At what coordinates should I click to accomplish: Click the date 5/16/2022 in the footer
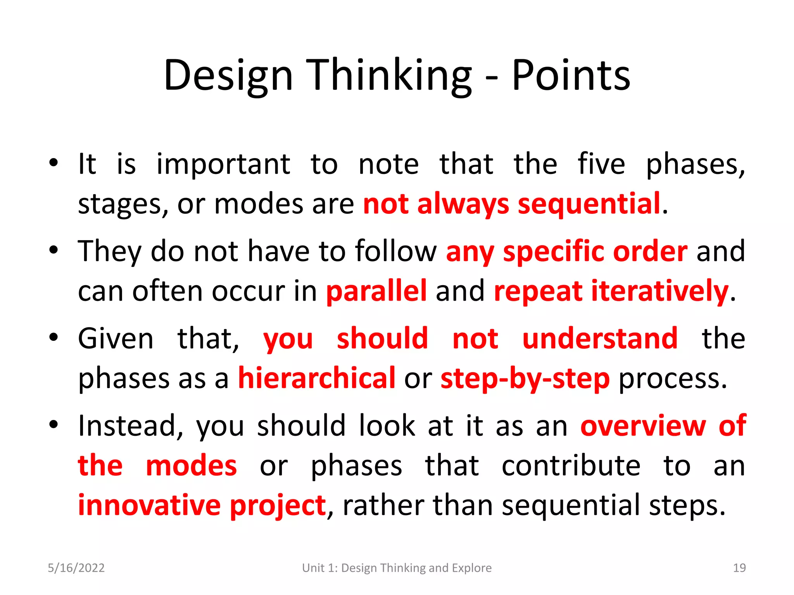76,568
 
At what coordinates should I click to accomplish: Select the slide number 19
739,568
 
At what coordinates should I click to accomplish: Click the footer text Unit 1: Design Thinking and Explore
397,568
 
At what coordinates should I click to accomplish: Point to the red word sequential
589,204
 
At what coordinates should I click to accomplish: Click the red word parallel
376,291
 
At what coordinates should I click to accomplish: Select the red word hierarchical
316,378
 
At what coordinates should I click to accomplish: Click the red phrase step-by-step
525,378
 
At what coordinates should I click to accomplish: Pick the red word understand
600,339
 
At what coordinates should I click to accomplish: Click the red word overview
643,426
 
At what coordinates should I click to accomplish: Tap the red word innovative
149,505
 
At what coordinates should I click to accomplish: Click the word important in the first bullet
223,164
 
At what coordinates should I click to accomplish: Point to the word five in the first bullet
601,164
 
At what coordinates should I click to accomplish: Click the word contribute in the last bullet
571,466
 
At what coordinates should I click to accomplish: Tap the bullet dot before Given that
54,337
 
